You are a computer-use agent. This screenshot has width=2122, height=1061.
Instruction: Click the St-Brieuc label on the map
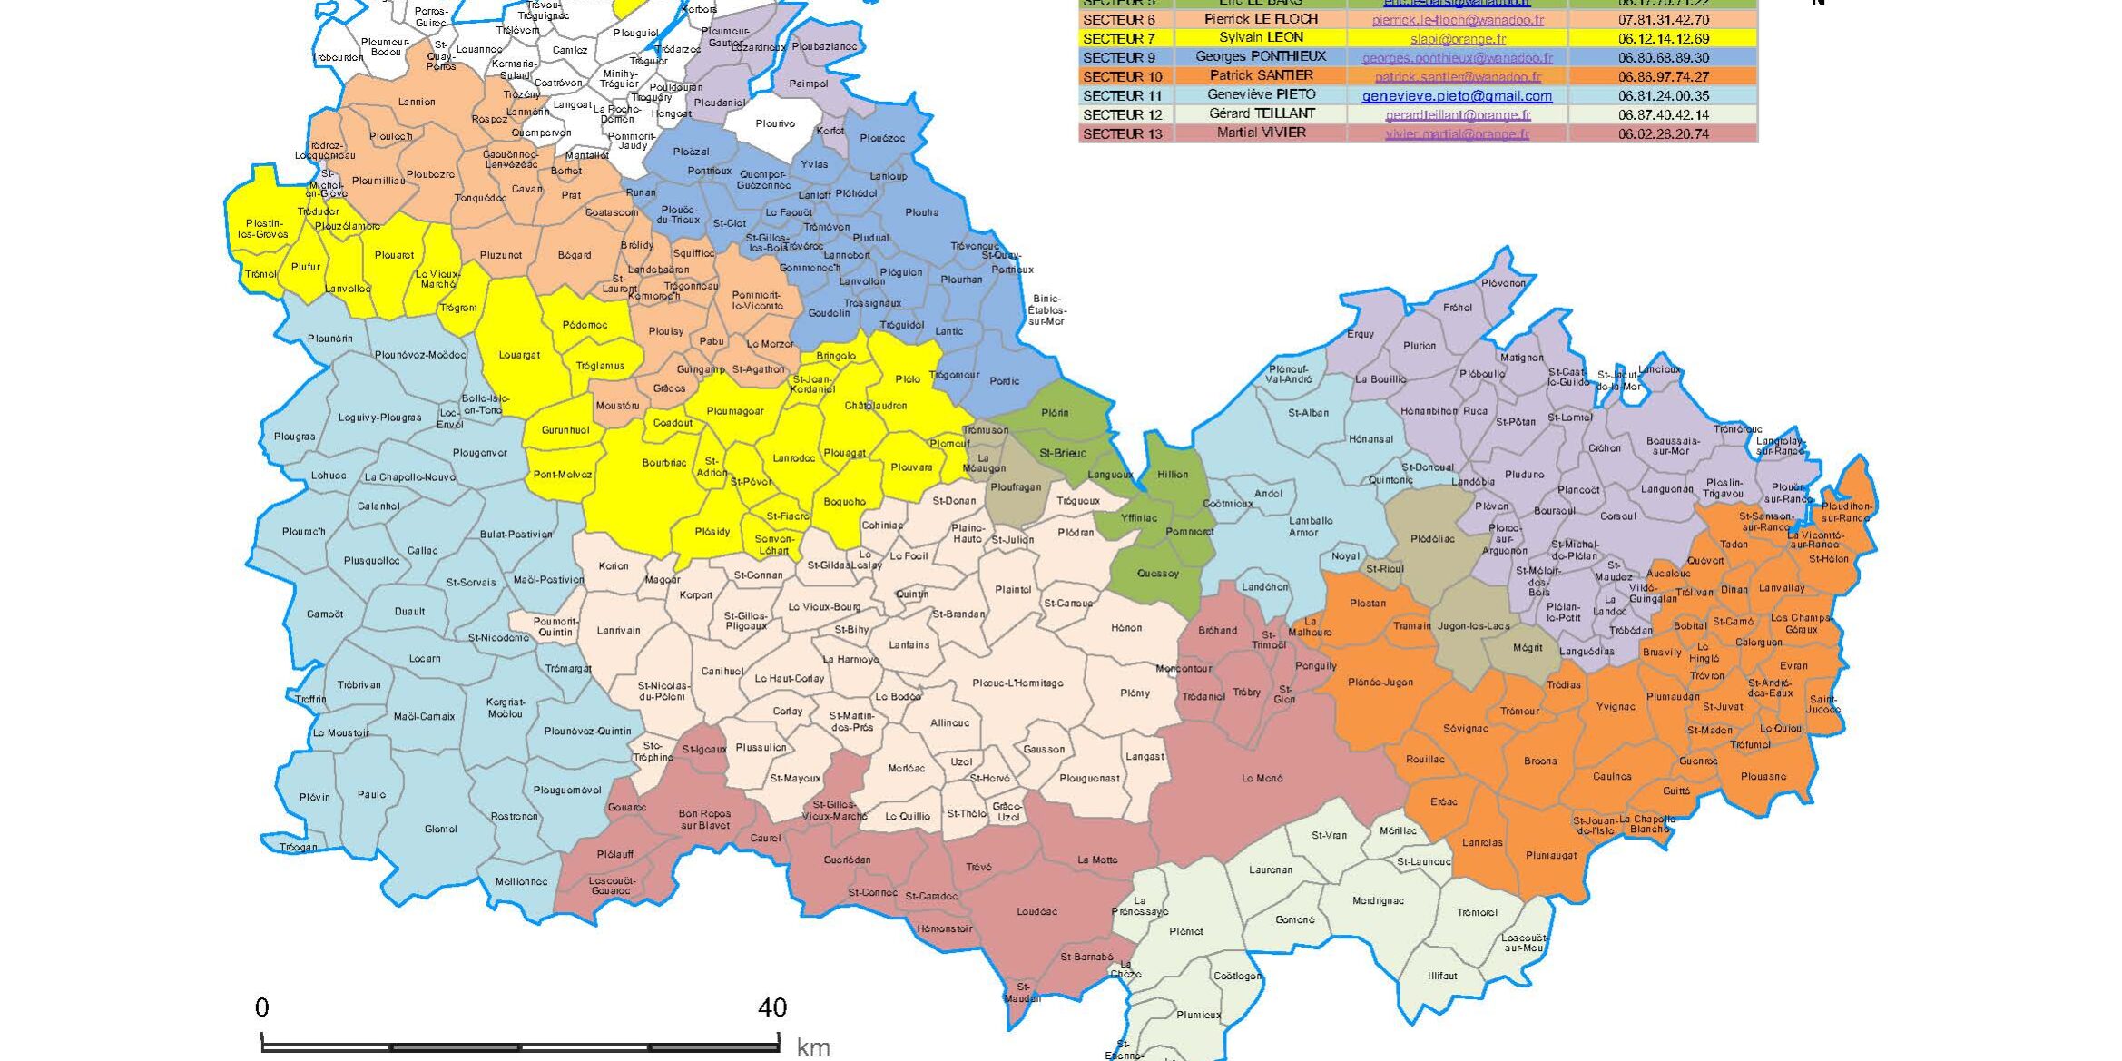point(1062,453)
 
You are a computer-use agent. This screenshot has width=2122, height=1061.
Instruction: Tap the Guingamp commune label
point(701,369)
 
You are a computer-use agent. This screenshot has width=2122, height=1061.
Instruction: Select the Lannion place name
point(417,102)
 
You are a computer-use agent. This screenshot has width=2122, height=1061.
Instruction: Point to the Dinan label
point(1734,589)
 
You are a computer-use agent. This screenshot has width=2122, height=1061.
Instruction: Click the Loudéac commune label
point(1036,911)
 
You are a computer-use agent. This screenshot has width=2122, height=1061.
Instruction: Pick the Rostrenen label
point(514,816)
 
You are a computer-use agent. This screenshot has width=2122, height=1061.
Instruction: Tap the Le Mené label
point(1262,778)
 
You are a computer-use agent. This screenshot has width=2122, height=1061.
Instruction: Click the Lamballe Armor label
point(1310,526)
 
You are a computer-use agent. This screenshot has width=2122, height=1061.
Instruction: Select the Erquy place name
point(1360,334)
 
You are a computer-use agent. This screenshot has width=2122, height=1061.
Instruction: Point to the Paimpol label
point(808,84)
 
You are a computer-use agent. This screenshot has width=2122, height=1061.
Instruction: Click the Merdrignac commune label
point(1378,900)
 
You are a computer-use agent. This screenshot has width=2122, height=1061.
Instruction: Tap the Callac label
point(422,550)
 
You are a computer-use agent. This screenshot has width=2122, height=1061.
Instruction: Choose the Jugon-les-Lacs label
point(1473,625)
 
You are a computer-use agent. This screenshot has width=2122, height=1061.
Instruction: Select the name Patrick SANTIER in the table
point(1261,75)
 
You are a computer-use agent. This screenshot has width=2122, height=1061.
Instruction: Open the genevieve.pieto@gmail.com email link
point(1457,95)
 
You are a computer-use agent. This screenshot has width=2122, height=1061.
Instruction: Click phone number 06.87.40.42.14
point(1663,114)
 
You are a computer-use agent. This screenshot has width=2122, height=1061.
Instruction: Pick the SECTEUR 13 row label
point(1122,133)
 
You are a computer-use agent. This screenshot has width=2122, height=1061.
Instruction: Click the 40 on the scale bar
point(772,1007)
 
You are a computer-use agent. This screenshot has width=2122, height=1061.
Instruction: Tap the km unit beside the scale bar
point(812,1047)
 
